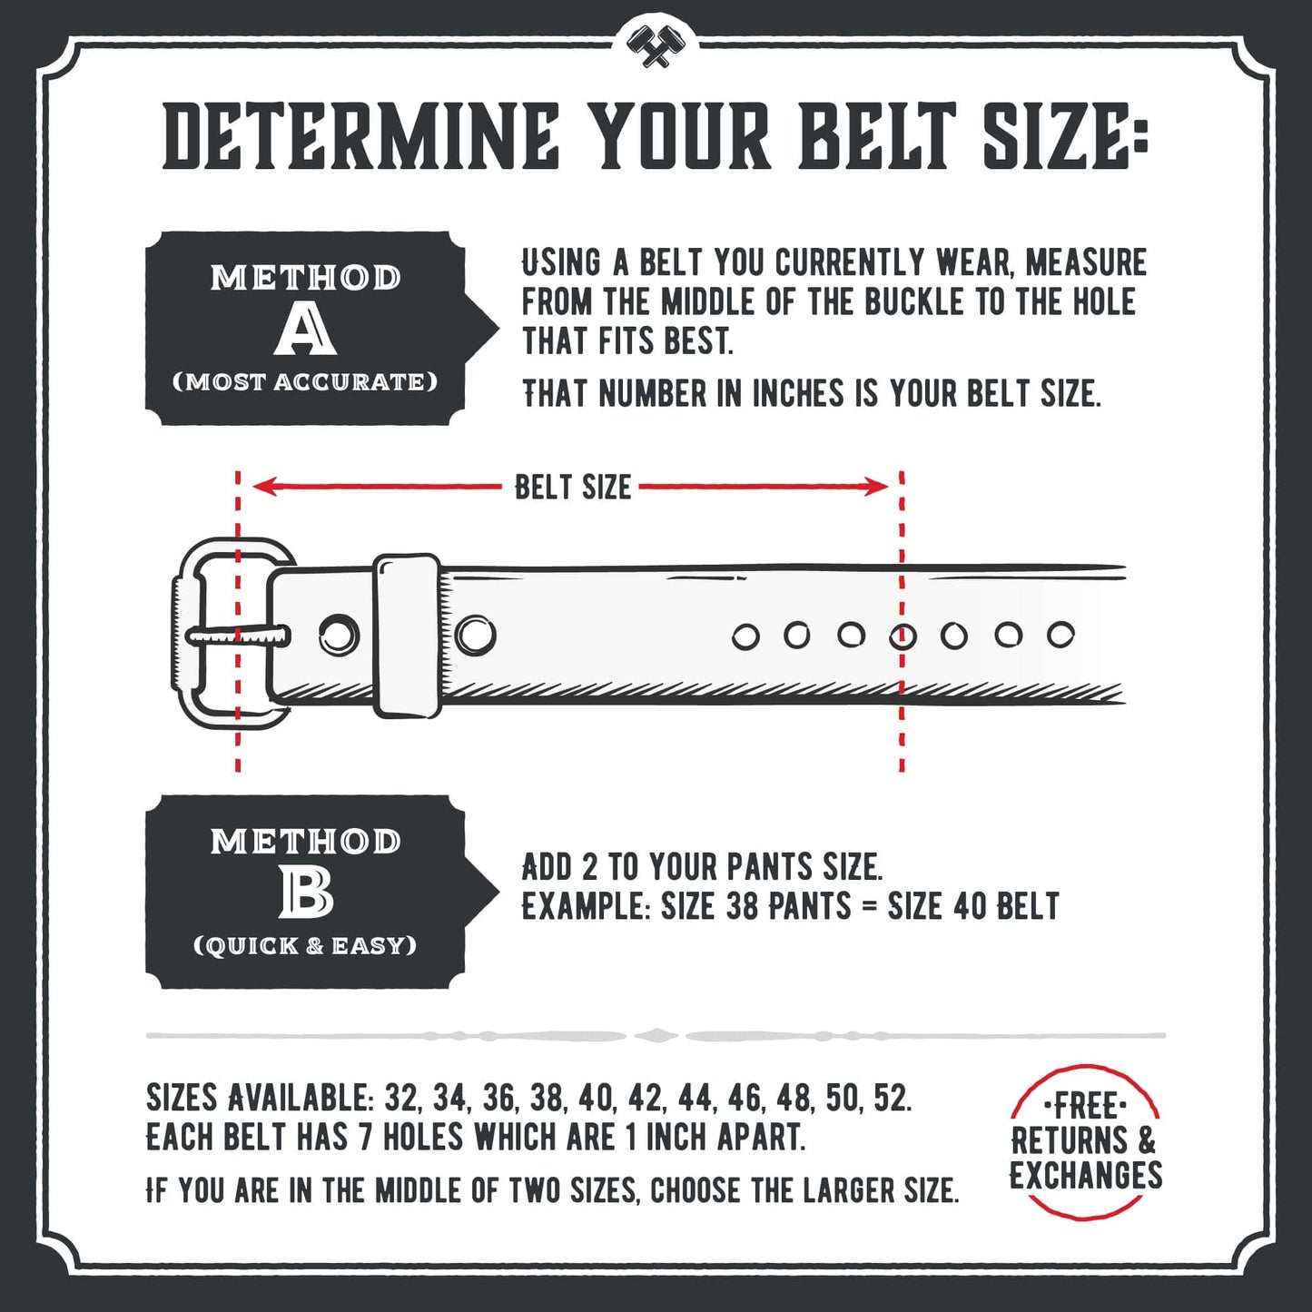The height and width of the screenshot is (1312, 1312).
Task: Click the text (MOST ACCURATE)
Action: (305, 382)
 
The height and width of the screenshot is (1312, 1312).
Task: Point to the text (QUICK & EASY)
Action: (305, 946)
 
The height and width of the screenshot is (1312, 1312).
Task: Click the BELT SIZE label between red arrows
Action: (572, 487)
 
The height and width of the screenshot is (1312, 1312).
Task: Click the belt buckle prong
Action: (238, 636)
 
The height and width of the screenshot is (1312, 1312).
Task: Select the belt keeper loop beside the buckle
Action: (408, 635)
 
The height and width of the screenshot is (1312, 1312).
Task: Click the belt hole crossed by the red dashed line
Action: (903, 636)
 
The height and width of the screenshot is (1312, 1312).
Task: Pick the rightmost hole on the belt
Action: (1060, 635)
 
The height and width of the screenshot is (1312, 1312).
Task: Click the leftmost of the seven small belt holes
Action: (745, 637)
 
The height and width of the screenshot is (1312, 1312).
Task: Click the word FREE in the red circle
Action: (1086, 1107)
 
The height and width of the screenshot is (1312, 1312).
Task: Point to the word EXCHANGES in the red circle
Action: (1086, 1176)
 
